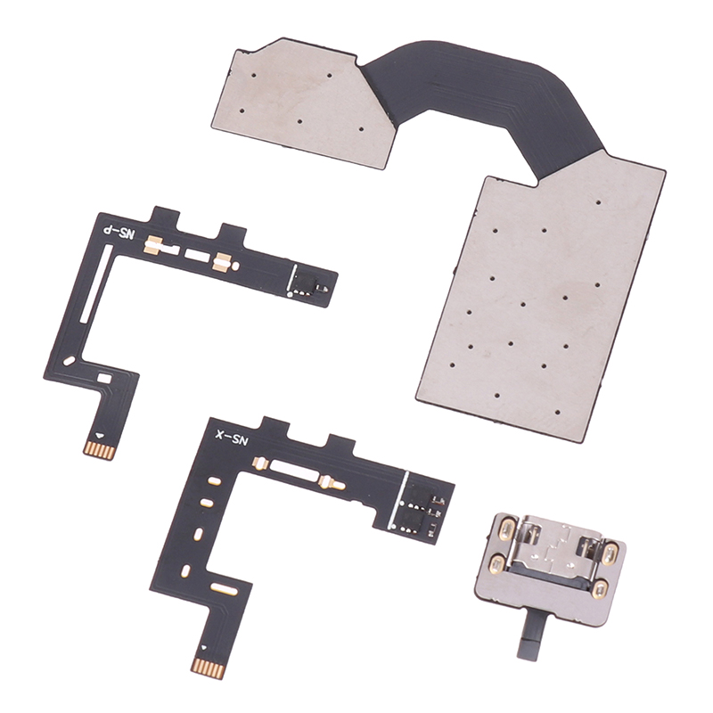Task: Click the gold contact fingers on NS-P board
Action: (97, 448)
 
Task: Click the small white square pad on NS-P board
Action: (104, 377)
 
